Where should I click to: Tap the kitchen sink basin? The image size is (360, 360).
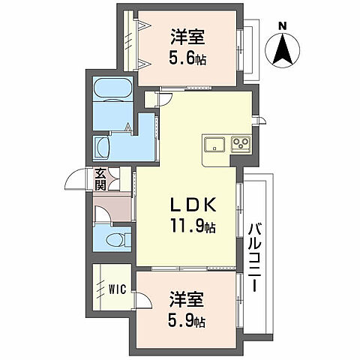[x=211, y=143]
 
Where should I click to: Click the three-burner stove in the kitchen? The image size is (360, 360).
[x=241, y=143]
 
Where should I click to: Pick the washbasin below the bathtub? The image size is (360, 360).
[x=103, y=145]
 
